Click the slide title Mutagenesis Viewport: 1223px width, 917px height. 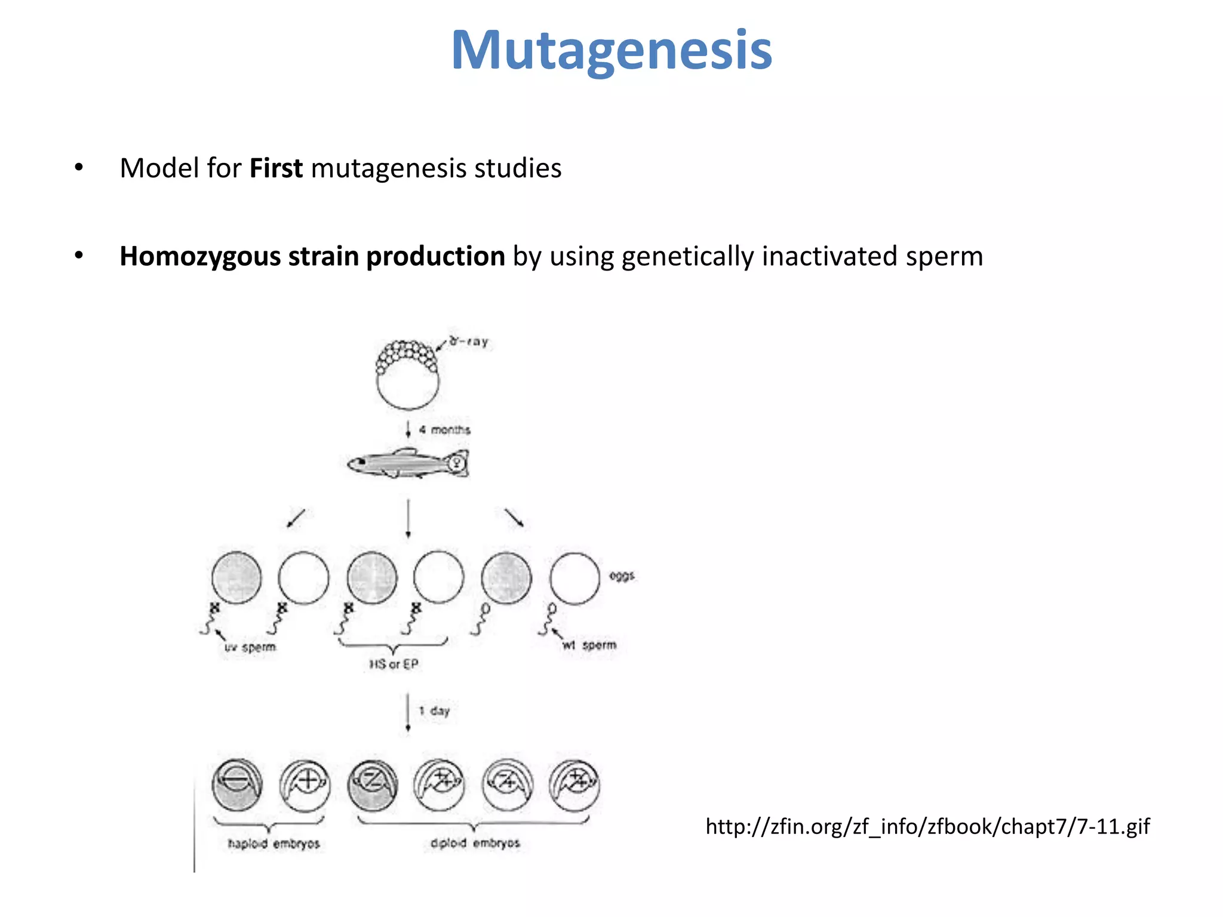point(611,51)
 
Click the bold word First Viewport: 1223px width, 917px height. point(276,168)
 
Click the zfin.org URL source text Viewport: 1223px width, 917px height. point(927,826)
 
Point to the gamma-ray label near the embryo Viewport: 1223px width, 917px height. point(469,341)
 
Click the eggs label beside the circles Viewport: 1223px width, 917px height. point(622,576)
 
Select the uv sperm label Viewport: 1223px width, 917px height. point(250,647)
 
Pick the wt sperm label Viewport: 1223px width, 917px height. point(589,645)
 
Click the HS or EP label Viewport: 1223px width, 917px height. point(394,664)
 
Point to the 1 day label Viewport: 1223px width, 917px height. point(435,711)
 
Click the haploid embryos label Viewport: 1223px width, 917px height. point(274,844)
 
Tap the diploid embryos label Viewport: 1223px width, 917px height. point(475,843)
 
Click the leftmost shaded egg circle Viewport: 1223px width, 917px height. point(236,577)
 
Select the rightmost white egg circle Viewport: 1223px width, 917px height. point(574,578)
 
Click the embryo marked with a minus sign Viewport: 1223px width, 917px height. point(237,784)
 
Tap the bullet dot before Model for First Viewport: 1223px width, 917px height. point(79,168)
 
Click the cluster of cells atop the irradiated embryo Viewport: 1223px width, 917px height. point(407,356)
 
